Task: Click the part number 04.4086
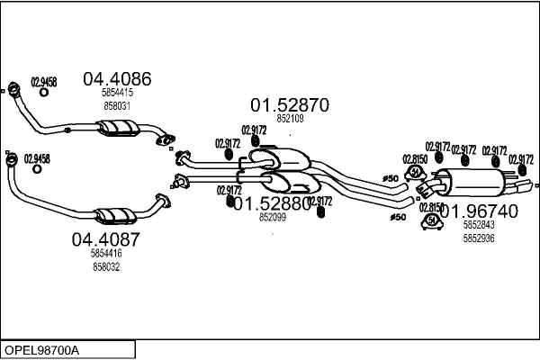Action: pos(117,78)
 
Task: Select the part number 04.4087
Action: pos(106,240)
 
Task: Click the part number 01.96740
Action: pos(479,211)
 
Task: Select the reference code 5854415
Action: pos(117,93)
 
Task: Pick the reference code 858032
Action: pos(106,266)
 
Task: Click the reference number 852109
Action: pos(290,118)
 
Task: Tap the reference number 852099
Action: pos(272,217)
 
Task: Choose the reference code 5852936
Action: pos(478,238)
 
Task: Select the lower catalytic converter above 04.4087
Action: pos(115,216)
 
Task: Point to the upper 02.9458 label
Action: pos(44,82)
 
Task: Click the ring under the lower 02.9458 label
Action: pos(36,169)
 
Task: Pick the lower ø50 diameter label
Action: pos(397,217)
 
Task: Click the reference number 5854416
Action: pos(106,254)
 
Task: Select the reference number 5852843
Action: pos(478,225)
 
